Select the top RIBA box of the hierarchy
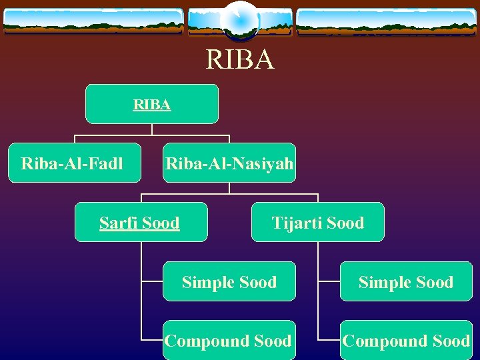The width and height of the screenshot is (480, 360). point(152,104)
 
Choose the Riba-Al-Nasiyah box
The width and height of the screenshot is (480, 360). point(229,163)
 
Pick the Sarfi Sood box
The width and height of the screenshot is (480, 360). point(141,222)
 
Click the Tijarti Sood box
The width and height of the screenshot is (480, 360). point(318,222)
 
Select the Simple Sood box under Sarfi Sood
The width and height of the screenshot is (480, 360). point(229,282)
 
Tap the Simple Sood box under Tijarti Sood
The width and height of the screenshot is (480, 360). point(406,282)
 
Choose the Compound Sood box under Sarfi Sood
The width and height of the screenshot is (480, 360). point(229,341)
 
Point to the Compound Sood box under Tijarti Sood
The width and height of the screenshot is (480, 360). point(406,341)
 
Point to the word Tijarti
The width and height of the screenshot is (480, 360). point(295,223)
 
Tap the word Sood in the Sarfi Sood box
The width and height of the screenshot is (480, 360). point(161,223)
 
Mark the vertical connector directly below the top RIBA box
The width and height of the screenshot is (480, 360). point(152,129)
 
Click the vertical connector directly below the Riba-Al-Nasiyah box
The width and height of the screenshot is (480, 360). point(229,188)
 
